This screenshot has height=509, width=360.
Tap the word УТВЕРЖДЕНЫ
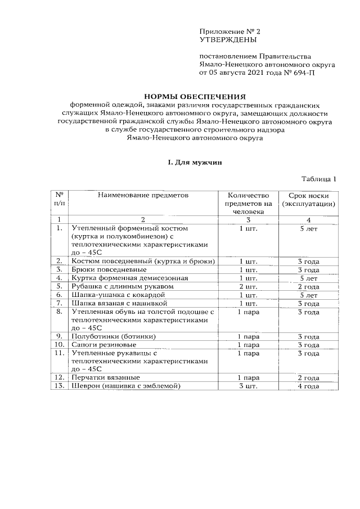coord(228,40)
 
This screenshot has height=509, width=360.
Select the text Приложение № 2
coord(228,31)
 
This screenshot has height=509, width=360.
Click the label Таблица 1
coord(318,179)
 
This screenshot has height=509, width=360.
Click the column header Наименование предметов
coord(142,195)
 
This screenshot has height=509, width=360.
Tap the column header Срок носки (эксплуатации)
coord(309,199)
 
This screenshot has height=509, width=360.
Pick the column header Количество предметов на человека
coord(248,203)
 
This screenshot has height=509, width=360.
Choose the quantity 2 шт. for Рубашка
coord(248,286)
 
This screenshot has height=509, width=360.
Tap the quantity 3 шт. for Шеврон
coord(248,386)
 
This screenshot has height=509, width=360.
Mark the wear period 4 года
coord(308,386)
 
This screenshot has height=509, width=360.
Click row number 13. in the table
coord(58,386)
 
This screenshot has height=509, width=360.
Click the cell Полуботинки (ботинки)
coord(112,336)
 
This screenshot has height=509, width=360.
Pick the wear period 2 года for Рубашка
coord(308,286)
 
